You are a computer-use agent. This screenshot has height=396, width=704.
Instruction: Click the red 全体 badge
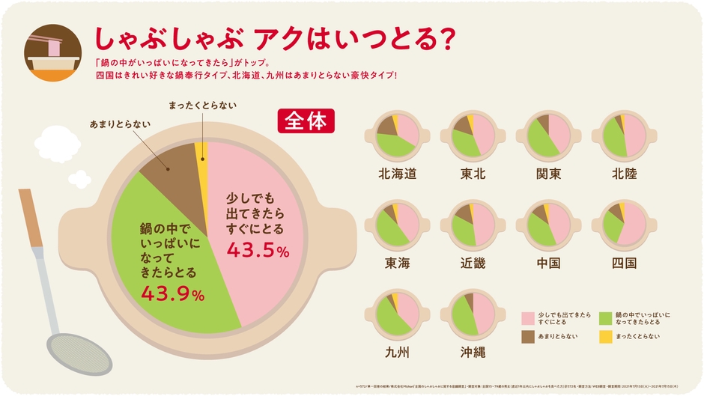click(306, 121)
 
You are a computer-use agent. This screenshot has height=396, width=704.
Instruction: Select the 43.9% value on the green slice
click(173, 294)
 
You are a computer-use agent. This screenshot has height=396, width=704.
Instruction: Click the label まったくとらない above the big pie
click(201, 105)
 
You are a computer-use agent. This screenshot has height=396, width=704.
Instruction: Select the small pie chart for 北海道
click(397, 135)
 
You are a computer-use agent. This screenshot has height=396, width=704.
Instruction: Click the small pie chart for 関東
click(549, 135)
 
